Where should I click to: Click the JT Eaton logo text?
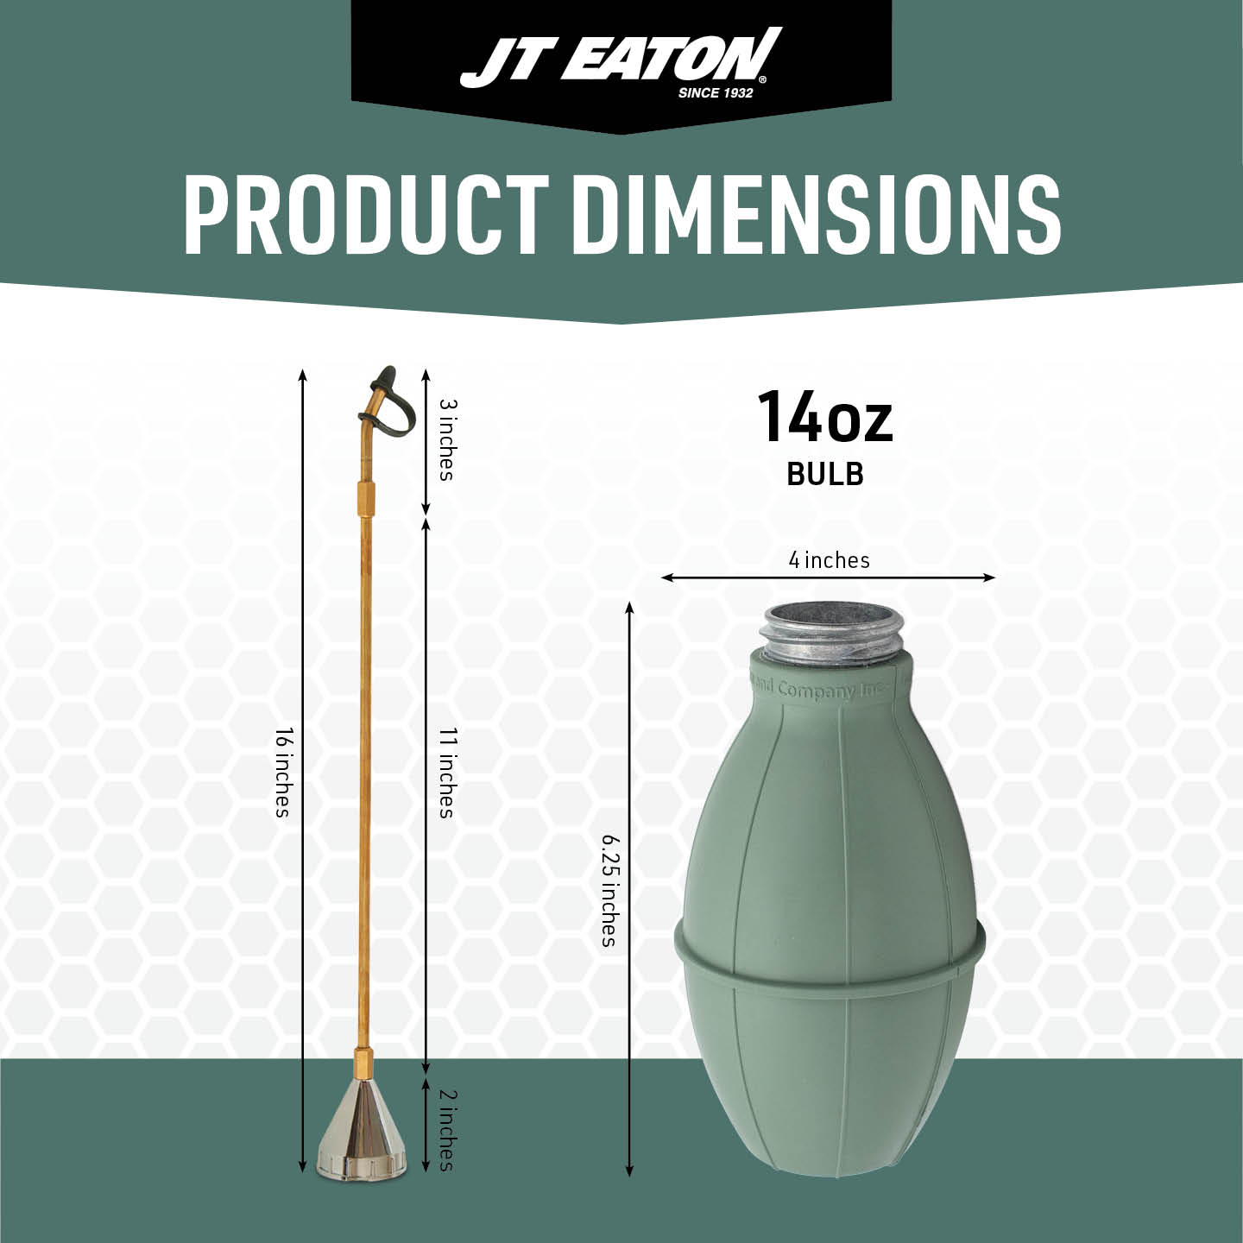click(621, 58)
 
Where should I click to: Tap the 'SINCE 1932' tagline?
click(716, 93)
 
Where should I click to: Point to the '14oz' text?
click(825, 417)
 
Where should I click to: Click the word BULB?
click(825, 474)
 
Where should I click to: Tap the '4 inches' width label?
click(829, 560)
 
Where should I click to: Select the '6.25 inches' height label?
click(609, 890)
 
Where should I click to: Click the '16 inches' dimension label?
click(283, 773)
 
